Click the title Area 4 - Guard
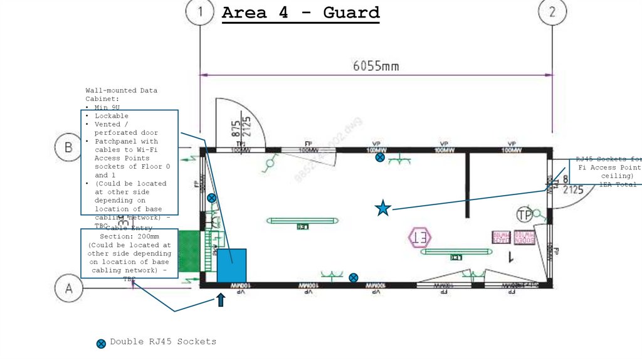pyautogui.click(x=301, y=13)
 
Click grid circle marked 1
pyautogui.click(x=200, y=12)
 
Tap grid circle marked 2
pyautogui.click(x=552, y=12)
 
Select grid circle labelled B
pyautogui.click(x=68, y=148)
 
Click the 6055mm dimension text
pyautogui.click(x=376, y=65)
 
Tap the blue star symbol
pyautogui.click(x=382, y=208)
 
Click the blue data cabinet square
pyautogui.click(x=231, y=265)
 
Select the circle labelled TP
pyautogui.click(x=525, y=215)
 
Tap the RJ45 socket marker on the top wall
pyautogui.click(x=380, y=157)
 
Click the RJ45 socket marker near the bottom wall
pyautogui.click(x=354, y=277)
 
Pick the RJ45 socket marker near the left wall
pyautogui.click(x=212, y=198)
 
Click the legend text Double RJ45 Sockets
pyautogui.click(x=163, y=342)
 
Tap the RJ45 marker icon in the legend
pyautogui.click(x=101, y=343)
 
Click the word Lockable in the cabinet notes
pyautogui.click(x=112, y=116)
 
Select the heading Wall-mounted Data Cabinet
pyautogui.click(x=122, y=95)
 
